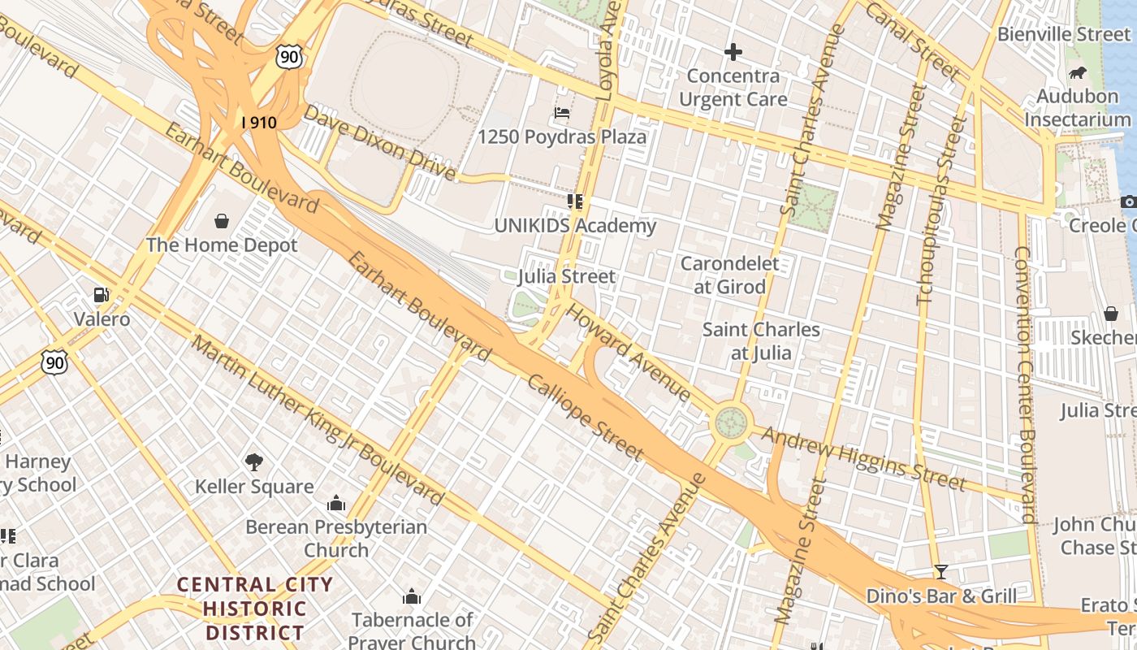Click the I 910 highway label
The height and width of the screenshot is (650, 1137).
point(259,123)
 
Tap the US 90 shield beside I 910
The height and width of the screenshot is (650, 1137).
point(288,55)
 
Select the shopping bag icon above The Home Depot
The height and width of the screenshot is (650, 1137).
point(222,220)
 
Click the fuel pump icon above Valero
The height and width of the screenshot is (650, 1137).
point(102,295)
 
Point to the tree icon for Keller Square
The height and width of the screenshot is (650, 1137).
point(254,462)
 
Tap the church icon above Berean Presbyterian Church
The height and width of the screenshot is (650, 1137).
point(335,503)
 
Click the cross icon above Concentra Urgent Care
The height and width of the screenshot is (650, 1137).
point(733,52)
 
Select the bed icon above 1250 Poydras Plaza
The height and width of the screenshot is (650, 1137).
point(561,112)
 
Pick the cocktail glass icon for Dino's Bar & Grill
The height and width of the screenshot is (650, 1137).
point(940,571)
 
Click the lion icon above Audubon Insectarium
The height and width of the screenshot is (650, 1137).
point(1077,73)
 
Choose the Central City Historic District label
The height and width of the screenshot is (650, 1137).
point(255,608)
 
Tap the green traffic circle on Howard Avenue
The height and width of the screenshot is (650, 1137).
point(729,422)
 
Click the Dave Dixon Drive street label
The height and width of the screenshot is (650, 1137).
point(380,143)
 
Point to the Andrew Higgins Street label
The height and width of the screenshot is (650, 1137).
point(864,460)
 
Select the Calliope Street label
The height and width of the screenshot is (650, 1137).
point(586,419)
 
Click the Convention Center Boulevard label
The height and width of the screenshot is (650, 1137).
point(1024,383)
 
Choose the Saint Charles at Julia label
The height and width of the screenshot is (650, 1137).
point(761,341)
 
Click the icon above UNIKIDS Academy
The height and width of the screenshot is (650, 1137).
point(575,201)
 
